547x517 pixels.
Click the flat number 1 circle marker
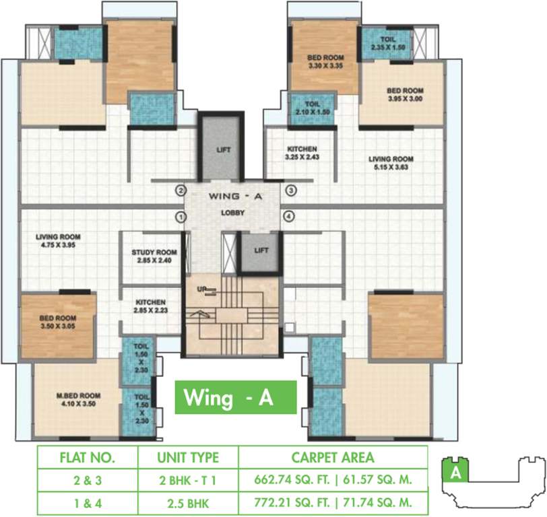click(181, 217)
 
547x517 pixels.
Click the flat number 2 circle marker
click(181, 191)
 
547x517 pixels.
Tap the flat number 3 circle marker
click(290, 191)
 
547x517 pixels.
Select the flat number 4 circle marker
click(290, 217)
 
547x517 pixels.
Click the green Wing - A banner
click(235, 397)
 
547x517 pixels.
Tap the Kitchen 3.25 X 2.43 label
click(301, 153)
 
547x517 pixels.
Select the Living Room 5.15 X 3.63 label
click(391, 164)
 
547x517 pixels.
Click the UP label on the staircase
click(201, 288)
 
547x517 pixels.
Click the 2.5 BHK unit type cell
click(188, 502)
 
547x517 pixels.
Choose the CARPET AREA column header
click(333, 458)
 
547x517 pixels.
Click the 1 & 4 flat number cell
click(87, 502)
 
